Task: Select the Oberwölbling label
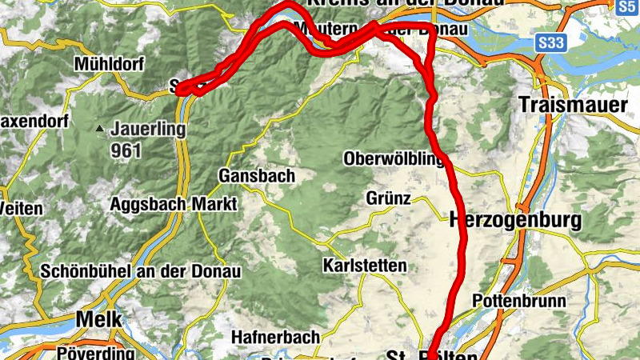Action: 394,159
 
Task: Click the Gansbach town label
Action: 256,175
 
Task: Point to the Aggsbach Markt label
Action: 174,205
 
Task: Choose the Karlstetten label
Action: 365,265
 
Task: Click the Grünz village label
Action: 389,198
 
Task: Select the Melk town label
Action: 99,319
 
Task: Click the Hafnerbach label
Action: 276,337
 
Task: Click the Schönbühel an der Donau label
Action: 140,271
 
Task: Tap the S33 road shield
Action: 550,42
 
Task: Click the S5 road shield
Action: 626,6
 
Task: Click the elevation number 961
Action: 126,150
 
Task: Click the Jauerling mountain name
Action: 148,128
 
